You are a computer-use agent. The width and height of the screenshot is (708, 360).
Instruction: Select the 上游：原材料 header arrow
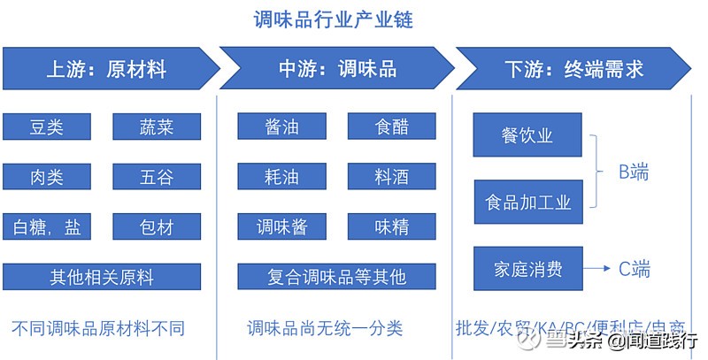pos(106,69)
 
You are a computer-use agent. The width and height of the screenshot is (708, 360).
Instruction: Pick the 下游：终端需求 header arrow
pos(573,69)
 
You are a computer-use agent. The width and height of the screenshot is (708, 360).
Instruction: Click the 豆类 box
pos(47,126)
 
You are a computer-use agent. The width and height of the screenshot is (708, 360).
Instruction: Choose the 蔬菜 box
pos(157,126)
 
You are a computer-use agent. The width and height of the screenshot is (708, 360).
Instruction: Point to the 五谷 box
pos(157,177)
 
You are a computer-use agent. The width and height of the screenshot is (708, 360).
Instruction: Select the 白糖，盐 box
pos(47,227)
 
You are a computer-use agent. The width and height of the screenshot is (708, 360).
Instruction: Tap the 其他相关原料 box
pos(102,277)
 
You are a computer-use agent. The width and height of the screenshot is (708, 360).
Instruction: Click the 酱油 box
pos(281,126)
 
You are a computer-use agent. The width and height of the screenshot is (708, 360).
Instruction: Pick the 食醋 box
pos(391,126)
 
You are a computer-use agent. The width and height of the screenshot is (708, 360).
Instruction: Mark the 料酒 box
pos(391,177)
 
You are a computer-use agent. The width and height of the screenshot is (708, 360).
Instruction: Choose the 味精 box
pos(391,227)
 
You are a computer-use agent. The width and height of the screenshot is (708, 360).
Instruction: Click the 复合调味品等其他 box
pos(336,277)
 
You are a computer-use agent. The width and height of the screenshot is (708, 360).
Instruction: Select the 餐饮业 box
pos(527,135)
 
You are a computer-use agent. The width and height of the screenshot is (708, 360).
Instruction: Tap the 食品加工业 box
pos(527,203)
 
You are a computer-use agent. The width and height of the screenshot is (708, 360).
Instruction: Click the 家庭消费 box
pos(527,269)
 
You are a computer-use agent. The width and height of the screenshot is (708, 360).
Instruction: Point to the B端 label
pos(634,172)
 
